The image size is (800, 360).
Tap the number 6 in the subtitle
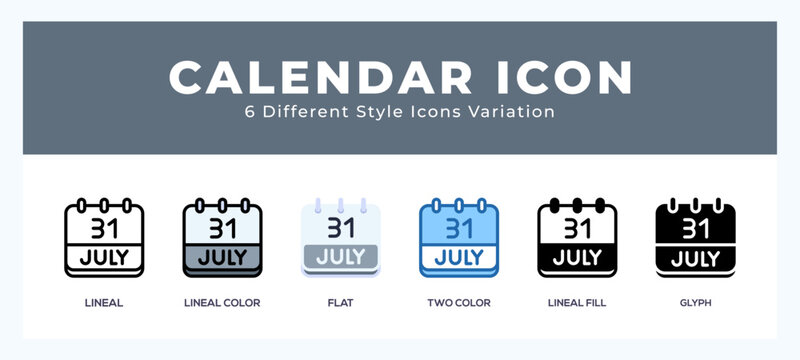pos(249,112)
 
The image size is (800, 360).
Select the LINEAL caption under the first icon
pos(104,303)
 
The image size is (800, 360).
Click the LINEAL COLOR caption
pos(222,303)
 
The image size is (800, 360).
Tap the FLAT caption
pos(341,303)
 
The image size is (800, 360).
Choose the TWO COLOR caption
pos(458,303)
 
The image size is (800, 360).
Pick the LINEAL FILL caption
pos(577,303)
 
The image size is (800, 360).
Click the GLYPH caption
pos(694,303)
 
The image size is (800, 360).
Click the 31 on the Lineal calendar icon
pos(105,229)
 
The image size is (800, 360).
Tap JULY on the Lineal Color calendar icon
pos(223,258)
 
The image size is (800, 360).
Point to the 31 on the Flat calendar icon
pos(341,229)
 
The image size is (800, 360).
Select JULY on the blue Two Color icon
pos(459,258)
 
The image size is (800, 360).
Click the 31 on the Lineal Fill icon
pos(577,229)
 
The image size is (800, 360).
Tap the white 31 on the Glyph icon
pos(695,229)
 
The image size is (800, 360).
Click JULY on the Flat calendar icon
pos(341,258)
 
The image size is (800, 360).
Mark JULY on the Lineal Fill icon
pos(577,258)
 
